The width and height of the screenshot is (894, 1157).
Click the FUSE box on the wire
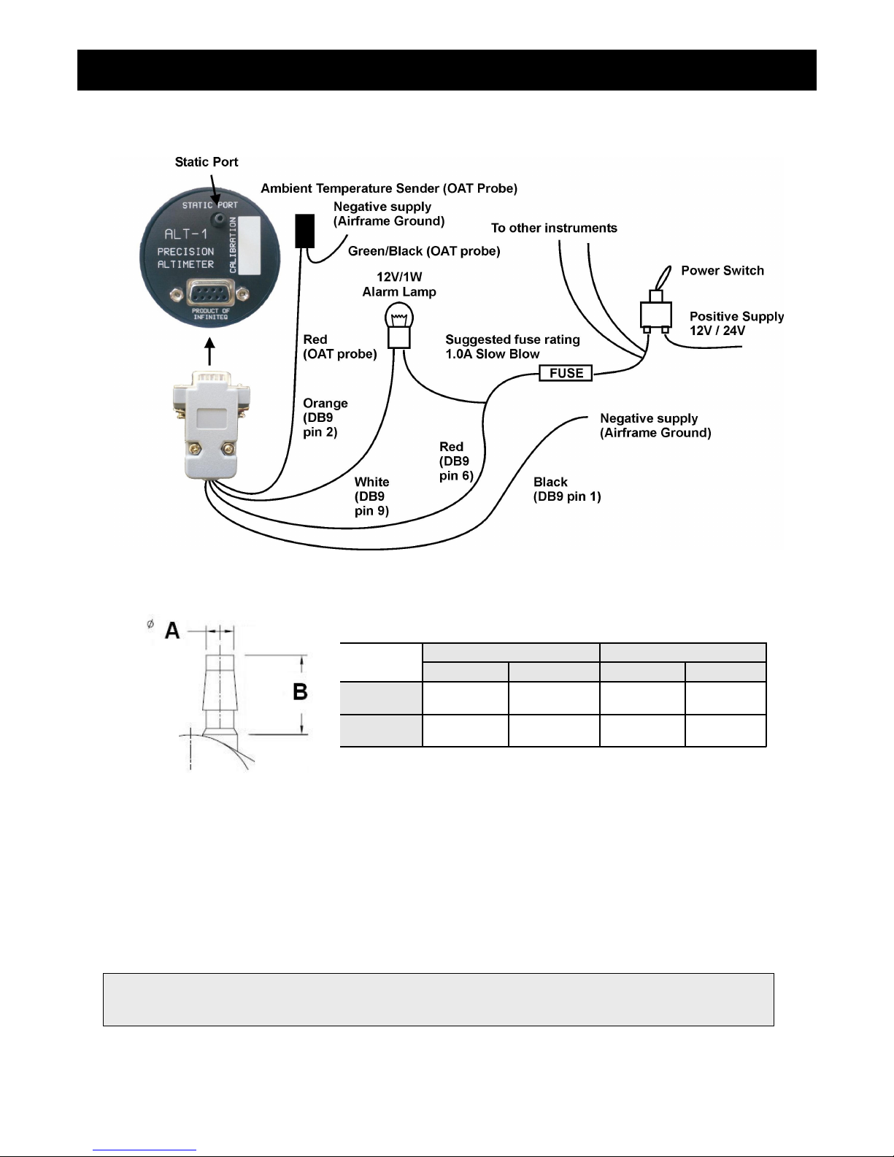566,373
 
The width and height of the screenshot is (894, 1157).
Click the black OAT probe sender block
305,231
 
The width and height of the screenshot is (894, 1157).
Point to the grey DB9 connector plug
211,424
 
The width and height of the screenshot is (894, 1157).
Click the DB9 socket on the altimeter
209,293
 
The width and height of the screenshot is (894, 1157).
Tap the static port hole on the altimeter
217,218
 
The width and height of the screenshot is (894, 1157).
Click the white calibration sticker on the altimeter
249,245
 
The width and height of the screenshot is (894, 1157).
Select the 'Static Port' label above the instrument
207,162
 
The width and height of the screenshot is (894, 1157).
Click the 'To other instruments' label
554,228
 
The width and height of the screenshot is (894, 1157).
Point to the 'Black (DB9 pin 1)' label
567,489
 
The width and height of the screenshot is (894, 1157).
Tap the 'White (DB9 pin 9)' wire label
372,496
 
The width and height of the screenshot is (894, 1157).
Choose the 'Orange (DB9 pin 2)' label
325,418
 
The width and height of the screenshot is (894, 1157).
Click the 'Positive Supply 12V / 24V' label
736,323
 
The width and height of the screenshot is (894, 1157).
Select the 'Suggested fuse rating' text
512,339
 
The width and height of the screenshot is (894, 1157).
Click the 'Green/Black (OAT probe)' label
424,251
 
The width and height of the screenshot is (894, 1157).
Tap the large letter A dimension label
172,631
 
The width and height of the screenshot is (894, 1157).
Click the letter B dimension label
300,691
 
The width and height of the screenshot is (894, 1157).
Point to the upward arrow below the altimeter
209,351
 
